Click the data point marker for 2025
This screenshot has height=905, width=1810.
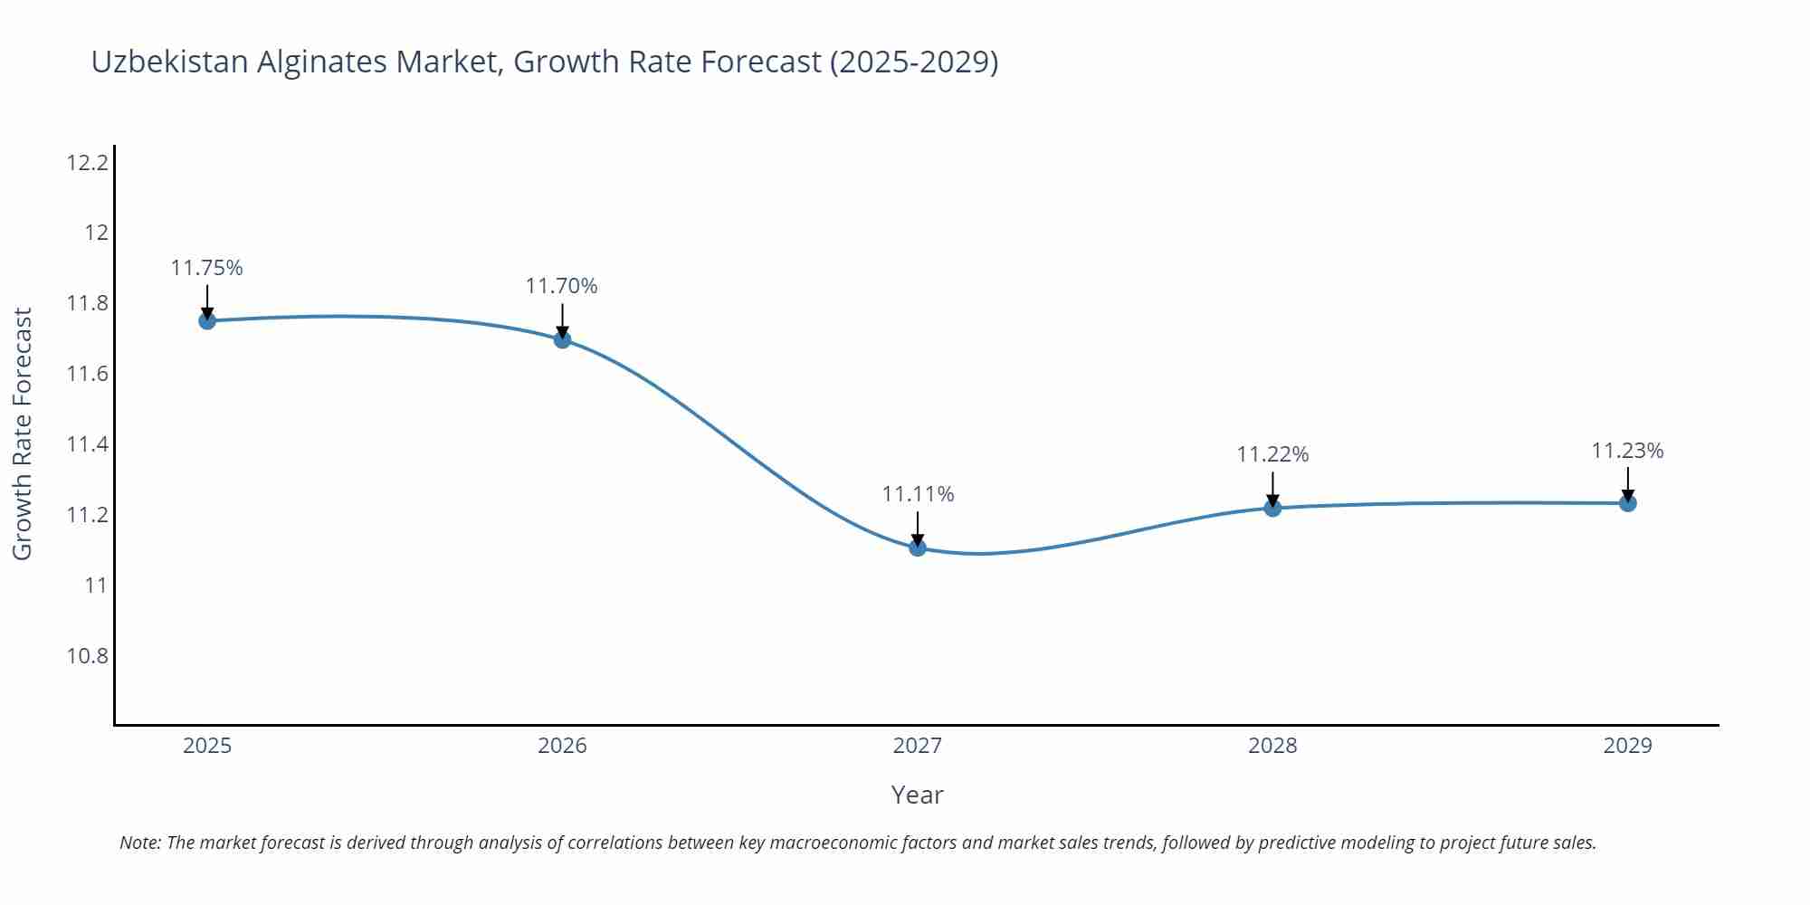point(207,320)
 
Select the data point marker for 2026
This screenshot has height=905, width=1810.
point(562,339)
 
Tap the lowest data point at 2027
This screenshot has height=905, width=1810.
point(918,548)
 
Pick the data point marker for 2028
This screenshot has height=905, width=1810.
point(1272,508)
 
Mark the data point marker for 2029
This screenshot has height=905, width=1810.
point(1628,503)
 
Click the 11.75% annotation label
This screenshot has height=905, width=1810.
point(207,268)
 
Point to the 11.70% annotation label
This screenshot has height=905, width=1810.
point(562,286)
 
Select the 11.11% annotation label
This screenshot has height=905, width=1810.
point(918,494)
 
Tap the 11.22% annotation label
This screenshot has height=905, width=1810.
point(1272,454)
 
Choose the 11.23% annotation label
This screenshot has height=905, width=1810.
point(1628,451)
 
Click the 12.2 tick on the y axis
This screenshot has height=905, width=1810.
point(87,163)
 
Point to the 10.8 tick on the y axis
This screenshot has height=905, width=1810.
point(87,656)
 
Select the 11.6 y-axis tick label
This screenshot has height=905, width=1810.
point(87,374)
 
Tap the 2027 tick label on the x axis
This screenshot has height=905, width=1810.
point(918,746)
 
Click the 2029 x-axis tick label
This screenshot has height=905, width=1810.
point(1628,746)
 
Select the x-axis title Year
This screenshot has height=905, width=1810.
point(917,795)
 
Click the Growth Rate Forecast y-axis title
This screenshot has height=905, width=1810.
point(23,433)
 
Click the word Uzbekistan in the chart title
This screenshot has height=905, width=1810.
point(169,62)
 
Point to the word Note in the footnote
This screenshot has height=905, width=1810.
point(139,843)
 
